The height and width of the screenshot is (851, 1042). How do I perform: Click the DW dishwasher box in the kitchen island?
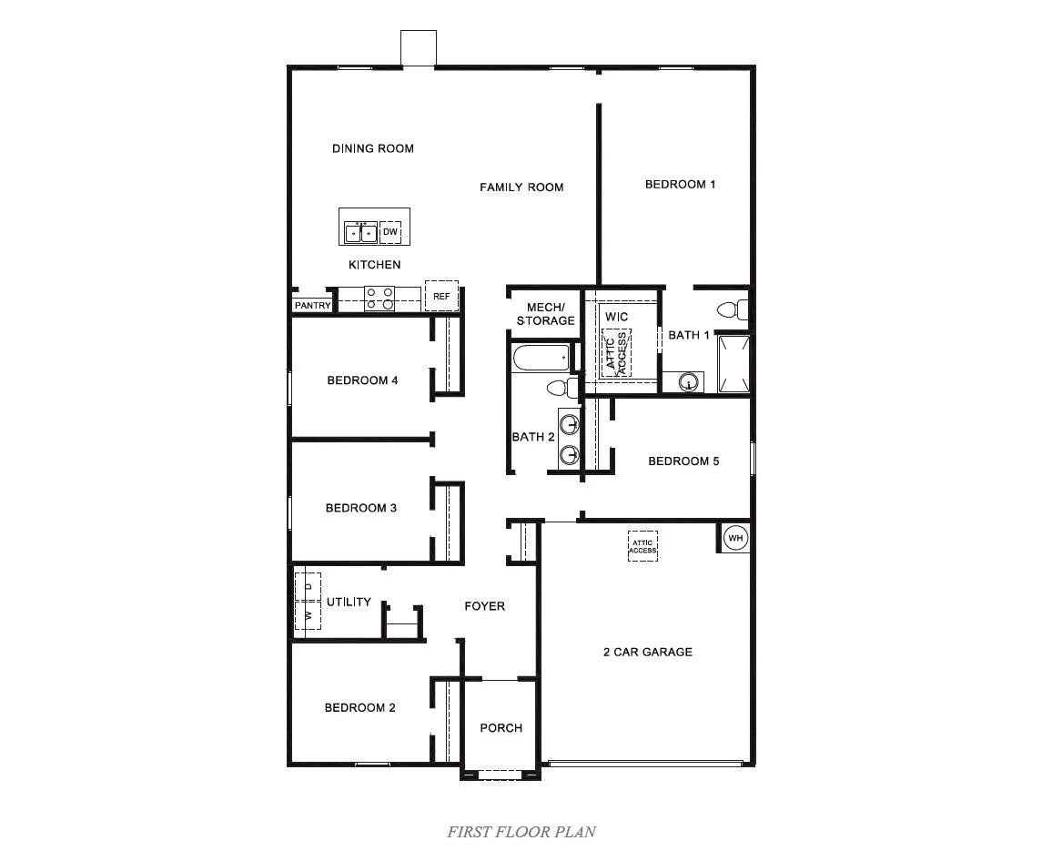coord(390,232)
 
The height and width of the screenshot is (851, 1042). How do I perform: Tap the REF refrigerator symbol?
coord(441,296)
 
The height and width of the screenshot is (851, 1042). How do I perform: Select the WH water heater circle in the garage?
coord(735,538)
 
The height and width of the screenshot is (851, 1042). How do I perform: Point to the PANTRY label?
coord(312,305)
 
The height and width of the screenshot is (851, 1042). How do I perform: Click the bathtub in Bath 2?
coord(541,359)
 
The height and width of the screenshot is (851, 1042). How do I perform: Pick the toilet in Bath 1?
coord(732,309)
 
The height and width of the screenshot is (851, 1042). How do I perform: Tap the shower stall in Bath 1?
coord(733,364)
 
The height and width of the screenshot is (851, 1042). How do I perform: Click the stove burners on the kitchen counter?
coord(379,299)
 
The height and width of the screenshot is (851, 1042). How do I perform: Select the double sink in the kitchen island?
coord(361,233)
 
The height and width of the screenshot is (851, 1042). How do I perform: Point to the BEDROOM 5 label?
coord(683,461)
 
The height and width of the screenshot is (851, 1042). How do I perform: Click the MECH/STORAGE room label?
coord(546,314)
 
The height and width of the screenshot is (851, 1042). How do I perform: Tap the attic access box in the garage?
coord(642,546)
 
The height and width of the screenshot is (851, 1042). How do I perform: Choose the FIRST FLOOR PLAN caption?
coord(521,832)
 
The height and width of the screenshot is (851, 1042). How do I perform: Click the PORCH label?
coord(501,728)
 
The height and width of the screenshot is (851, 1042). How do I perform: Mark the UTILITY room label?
coord(349,602)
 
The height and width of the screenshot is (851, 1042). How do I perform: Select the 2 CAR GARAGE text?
coord(647,653)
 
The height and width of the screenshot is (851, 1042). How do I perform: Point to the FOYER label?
coord(484,605)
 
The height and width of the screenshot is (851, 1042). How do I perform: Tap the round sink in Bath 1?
coord(690,382)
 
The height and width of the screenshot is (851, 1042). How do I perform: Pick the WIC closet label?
coord(616,317)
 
